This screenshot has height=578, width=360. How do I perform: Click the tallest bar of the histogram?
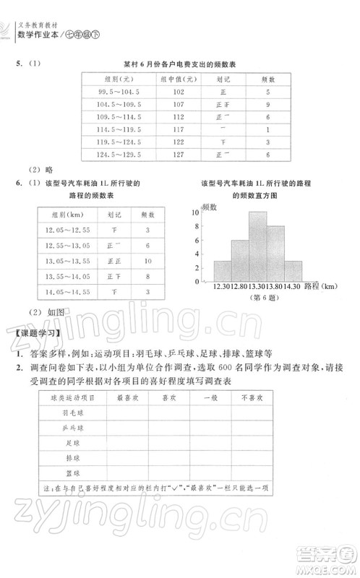tap(258, 246)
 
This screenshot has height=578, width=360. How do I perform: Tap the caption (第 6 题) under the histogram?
tap(258, 298)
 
